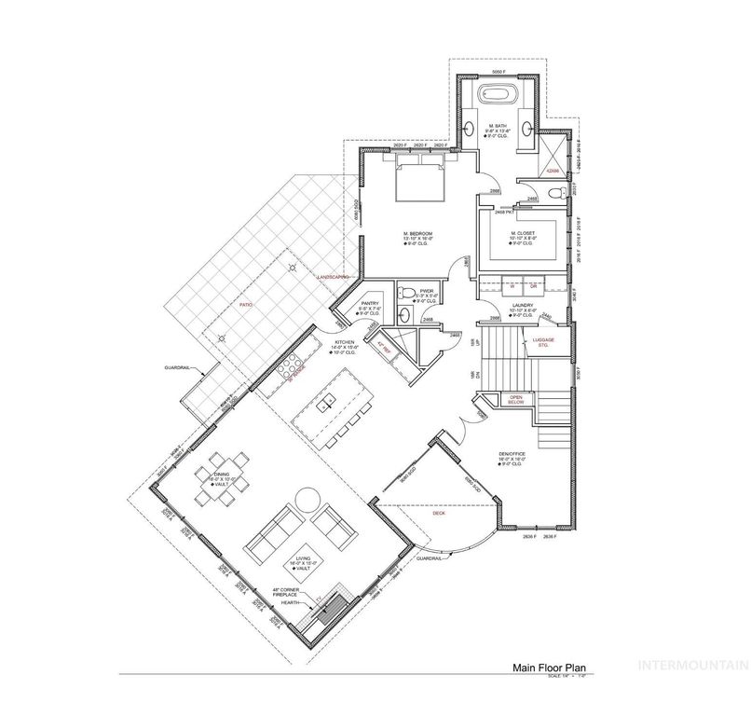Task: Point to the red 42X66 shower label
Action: [x=553, y=170]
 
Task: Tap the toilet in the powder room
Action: [x=407, y=295]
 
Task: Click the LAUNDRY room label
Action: [x=522, y=306]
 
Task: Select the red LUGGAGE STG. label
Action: [x=545, y=341]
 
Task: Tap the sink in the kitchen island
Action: [x=326, y=404]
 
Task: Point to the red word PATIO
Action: [x=245, y=305]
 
